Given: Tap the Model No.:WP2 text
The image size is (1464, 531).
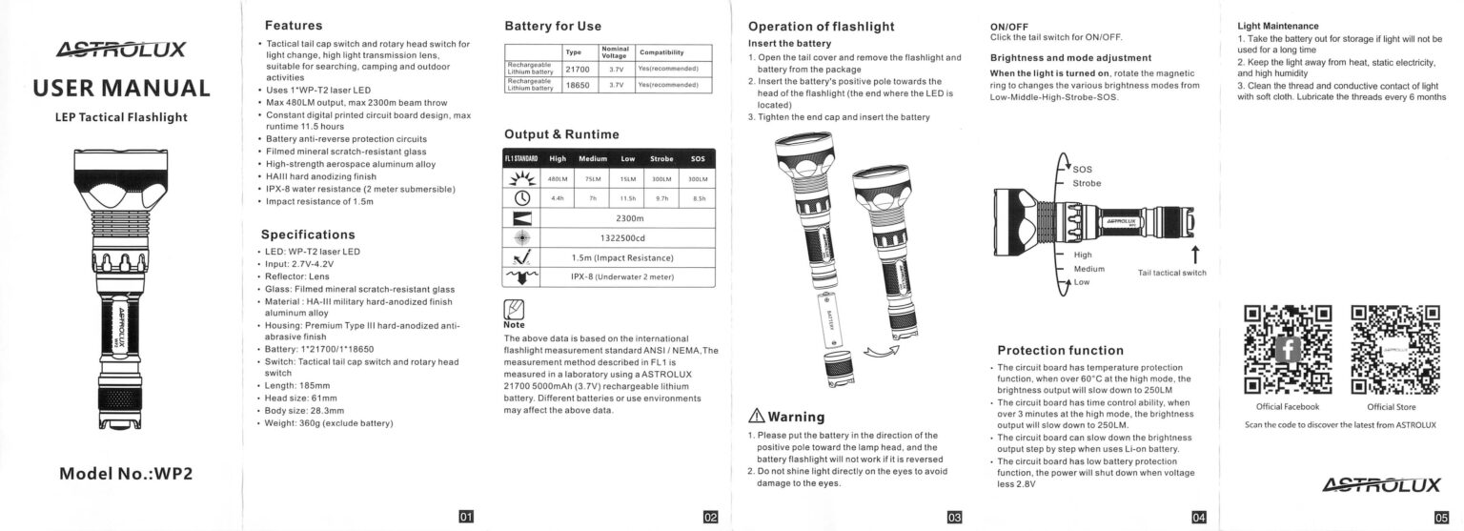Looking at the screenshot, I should coord(126,473).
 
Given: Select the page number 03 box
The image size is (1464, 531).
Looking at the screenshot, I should coord(954,517).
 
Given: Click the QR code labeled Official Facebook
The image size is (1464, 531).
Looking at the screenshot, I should coord(1288,349).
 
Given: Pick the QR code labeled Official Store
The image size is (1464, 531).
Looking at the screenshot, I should coord(1394,349).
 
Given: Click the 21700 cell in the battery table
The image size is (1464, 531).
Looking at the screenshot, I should coord(578,69).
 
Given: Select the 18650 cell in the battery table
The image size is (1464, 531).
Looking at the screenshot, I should coord(578,85).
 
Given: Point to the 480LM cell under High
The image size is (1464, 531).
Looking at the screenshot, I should coord(558,178).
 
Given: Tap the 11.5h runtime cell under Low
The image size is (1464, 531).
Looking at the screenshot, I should coord(627,198).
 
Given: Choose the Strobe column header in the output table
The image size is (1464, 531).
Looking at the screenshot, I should coord(661,158).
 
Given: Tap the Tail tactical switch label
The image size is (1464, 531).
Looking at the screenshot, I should coord(1171,273).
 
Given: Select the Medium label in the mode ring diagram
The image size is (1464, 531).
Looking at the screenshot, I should coord(1088,269).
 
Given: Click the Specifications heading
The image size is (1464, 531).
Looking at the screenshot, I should coord(308,235).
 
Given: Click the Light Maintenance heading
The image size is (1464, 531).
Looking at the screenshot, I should coord(1277,26).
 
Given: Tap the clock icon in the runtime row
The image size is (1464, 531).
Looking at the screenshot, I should coord(522,198).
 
